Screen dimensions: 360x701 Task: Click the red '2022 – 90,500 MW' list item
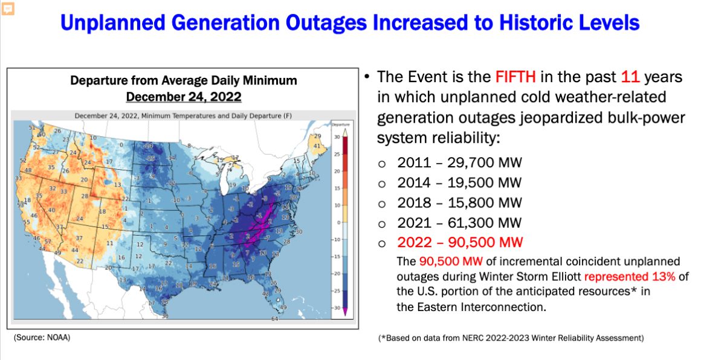[x=460, y=243]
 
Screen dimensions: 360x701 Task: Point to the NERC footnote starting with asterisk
[x=511, y=338]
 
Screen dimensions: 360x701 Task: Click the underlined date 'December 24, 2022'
[x=183, y=97]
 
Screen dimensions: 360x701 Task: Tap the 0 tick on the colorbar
[x=337, y=222]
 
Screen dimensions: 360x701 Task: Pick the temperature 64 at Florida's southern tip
[x=274, y=318]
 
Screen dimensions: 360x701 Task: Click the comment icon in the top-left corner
[x=8, y=8]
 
